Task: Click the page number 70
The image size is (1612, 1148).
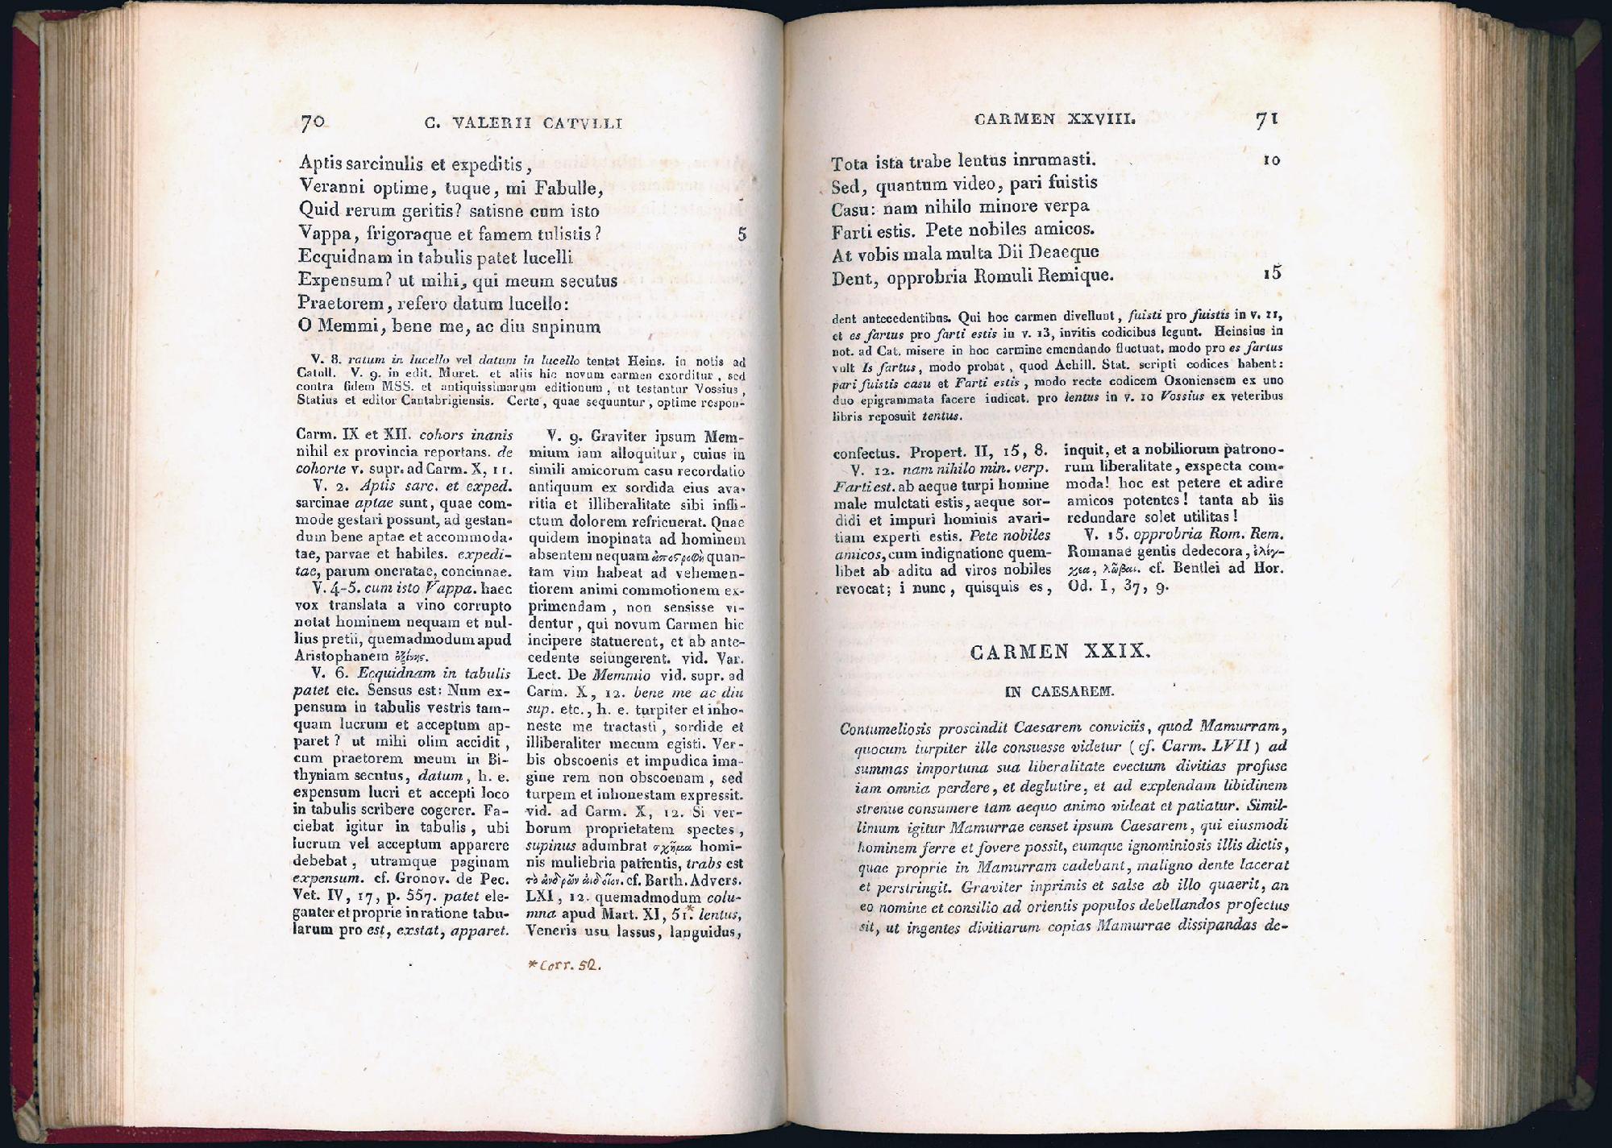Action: [x=312, y=122]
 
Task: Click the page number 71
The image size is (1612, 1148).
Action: [x=1267, y=120]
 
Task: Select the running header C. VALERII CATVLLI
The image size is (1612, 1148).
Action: [x=523, y=124]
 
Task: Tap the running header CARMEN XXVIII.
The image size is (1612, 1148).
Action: [x=1054, y=119]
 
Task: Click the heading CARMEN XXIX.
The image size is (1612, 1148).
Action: [x=1059, y=653]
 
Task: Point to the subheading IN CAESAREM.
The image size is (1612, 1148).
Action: [x=1060, y=691]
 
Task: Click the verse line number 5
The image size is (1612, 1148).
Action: [x=742, y=234]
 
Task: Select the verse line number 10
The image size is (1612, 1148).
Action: [x=1271, y=160]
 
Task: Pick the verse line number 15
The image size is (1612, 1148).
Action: [x=1272, y=272]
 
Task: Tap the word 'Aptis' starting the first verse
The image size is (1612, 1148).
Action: [x=321, y=164]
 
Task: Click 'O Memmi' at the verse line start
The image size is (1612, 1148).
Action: [x=333, y=327]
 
